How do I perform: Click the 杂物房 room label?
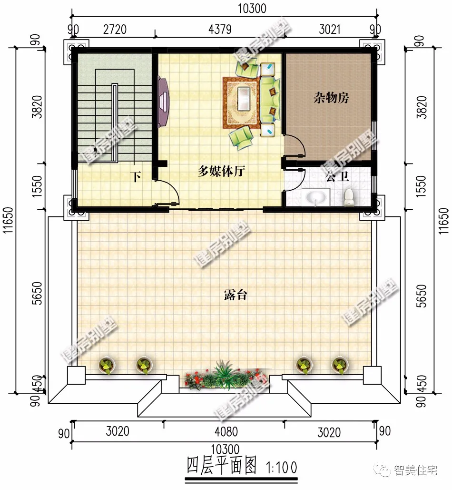pos(331,98)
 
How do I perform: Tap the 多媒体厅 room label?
pos(221,172)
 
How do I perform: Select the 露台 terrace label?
pos(235,295)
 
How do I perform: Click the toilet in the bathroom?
pos(350,196)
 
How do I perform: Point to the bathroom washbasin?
pos(315,196)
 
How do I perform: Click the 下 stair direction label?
pos(137,177)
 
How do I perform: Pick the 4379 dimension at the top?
pos(219,30)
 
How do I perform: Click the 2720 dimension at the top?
pos(115,30)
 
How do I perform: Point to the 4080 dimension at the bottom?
pos(226,432)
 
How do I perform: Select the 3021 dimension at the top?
pos(329,30)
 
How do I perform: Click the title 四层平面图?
pos(222,464)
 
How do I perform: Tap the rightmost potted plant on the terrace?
pos(340,365)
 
